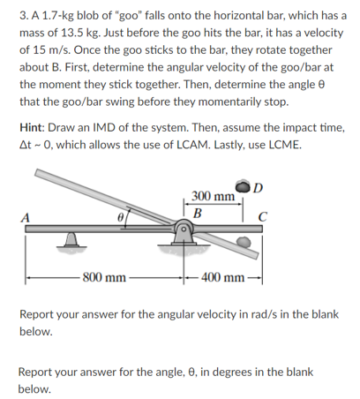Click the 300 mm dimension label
tap(214, 196)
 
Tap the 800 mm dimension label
tap(104, 277)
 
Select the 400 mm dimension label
tap(223, 277)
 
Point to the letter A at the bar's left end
tap(26, 218)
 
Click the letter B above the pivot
tap(198, 214)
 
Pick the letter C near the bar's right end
tap(262, 217)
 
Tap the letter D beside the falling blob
tap(258, 188)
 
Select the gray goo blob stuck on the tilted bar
tap(244, 242)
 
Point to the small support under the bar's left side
tap(71, 239)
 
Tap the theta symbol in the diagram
tap(120, 218)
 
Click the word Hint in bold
tap(32, 128)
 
